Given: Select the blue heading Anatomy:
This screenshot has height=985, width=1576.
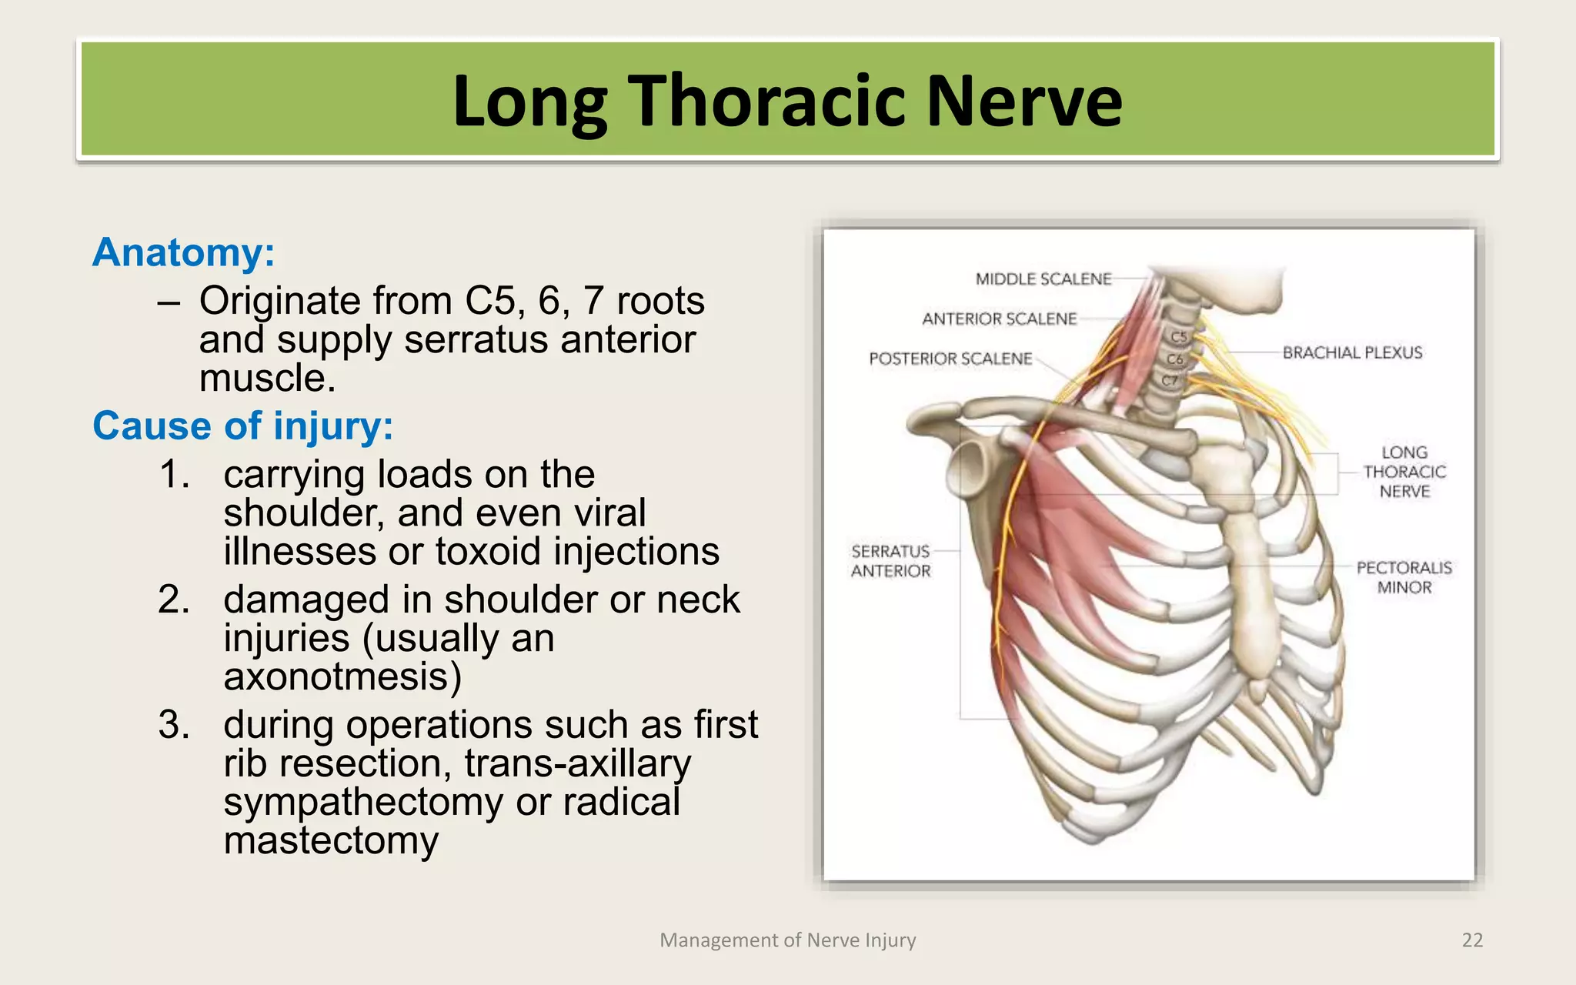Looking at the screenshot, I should pos(183,252).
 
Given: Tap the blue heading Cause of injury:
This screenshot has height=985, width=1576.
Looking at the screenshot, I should pos(242,426).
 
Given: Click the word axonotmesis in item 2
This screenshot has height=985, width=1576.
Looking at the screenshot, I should pos(342,676).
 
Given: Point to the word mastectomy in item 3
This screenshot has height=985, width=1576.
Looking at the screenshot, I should pos(331,840).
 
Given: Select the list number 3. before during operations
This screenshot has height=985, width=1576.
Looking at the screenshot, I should pos(174,725).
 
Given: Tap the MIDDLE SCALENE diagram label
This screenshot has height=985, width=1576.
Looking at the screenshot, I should pos(1043,279).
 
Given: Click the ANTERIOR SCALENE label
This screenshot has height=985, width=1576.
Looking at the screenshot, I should pos(999,319).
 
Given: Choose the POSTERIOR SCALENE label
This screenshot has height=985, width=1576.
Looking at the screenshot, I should pos(950,359).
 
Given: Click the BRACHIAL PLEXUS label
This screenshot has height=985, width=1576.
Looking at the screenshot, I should pos(1352,352).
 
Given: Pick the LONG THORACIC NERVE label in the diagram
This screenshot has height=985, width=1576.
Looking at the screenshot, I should pos(1404,472).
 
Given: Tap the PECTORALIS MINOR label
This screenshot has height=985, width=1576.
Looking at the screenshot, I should pos(1404,577).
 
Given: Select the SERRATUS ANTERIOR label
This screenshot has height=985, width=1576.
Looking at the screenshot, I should pos(890,561).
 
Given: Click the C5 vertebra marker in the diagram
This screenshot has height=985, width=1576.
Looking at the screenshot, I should pos(1179,337).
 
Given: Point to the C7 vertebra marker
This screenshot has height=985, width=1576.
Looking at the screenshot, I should pos(1170,381).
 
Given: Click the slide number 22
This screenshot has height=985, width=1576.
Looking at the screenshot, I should pos(1471,940).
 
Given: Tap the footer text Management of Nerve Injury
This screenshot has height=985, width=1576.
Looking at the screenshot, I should pos(787,940).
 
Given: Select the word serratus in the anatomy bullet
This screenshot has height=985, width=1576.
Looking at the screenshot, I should pos(468,339).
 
